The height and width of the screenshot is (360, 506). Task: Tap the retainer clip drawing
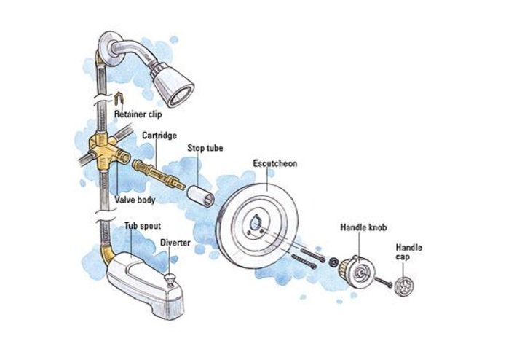point(119,98)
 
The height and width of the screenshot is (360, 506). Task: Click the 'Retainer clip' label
point(138,114)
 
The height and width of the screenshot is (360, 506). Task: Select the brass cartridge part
point(158,173)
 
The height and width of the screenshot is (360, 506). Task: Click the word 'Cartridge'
point(159,136)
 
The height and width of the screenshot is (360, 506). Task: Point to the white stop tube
point(200,195)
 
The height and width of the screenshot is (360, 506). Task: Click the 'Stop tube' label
point(205,148)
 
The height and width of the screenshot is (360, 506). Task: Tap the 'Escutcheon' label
point(275,163)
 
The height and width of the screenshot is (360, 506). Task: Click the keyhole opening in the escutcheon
point(256,222)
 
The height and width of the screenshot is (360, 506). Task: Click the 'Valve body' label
point(135,200)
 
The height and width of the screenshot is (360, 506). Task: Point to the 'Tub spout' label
point(143,226)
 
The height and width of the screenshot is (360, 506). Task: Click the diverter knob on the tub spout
point(170,278)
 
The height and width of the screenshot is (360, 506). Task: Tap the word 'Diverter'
point(175,243)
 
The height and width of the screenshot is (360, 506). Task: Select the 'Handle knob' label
point(363,227)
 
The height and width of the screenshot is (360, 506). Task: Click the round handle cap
point(404,286)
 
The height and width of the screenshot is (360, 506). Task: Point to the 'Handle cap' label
point(409,252)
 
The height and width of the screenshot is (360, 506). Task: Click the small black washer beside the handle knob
point(333,262)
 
